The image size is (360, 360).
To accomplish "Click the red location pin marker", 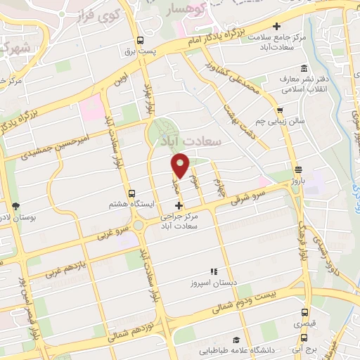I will coord(181,165).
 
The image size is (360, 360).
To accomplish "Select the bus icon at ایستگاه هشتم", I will coord(131,193).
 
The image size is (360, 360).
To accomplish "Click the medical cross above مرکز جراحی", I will coord(179,206).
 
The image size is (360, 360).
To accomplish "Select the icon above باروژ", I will coord(298,169).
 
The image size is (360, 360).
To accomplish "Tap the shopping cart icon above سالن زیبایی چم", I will coord(281,110).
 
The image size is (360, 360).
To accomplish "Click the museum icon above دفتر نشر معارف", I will coord(303,68).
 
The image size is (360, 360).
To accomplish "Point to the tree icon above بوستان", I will coord(15,206).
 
